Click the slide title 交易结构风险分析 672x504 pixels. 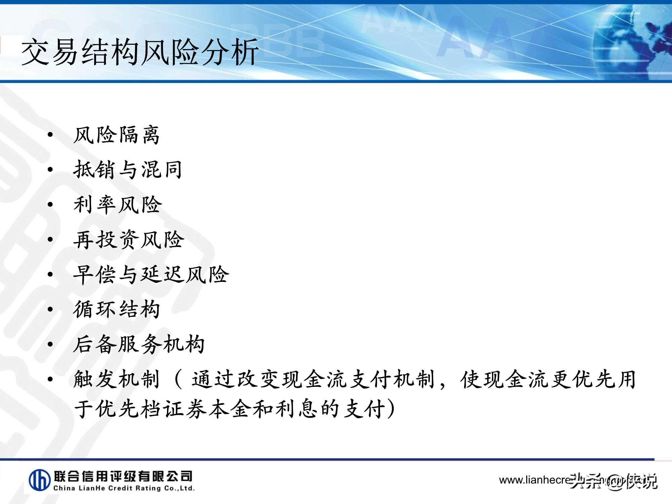[x=140, y=52]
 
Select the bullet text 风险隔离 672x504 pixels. [x=116, y=135]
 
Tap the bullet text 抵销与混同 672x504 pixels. [x=128, y=169]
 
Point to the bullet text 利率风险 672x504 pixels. [x=118, y=205]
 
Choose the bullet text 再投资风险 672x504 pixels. [x=129, y=240]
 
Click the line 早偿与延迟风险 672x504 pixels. [x=151, y=275]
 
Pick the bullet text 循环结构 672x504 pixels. [x=116, y=309]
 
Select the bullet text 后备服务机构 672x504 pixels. [x=139, y=344]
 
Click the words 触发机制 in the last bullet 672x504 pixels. [x=116, y=379]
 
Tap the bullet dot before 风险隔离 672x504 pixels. [x=50, y=135]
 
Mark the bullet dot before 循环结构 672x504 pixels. [x=50, y=309]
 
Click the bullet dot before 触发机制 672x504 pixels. [x=50, y=379]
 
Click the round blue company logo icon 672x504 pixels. [x=40, y=480]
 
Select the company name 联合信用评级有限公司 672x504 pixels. [x=123, y=476]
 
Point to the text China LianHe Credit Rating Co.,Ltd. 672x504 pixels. [x=124, y=488]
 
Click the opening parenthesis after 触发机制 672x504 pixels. [x=178, y=379]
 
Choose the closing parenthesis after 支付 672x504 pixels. [x=391, y=409]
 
